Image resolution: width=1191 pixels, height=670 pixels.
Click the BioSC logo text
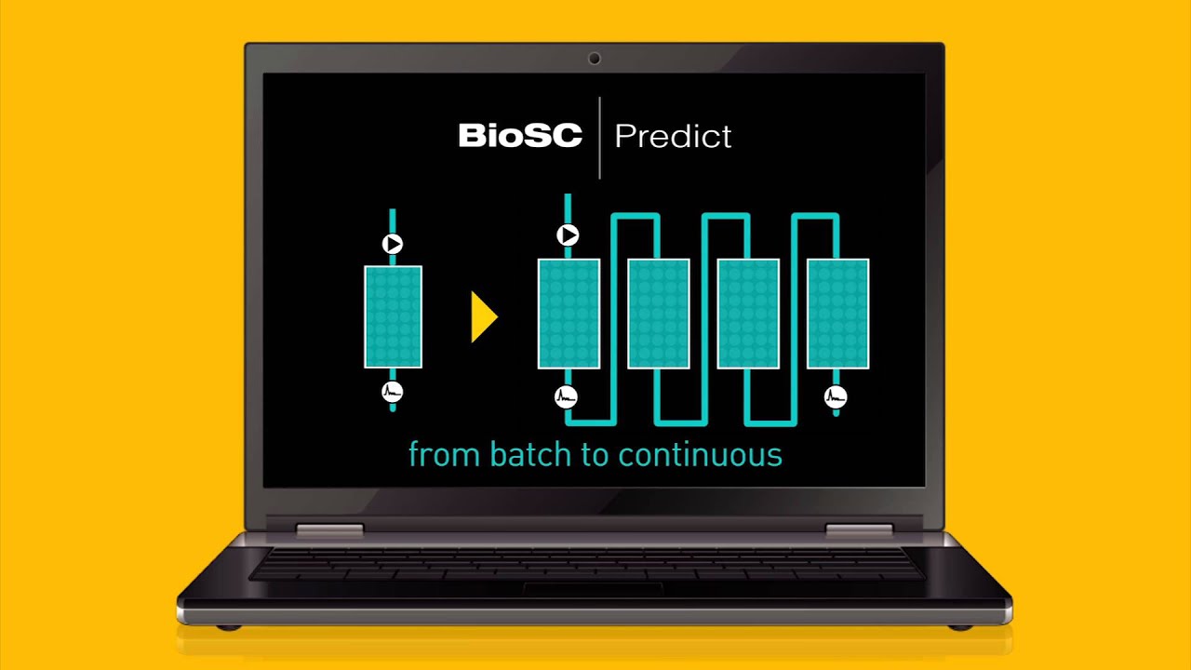point(520,136)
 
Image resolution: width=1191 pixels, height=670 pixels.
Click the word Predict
point(673,137)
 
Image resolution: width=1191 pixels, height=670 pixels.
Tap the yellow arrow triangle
point(484,317)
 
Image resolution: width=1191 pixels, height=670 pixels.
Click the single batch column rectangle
point(393,316)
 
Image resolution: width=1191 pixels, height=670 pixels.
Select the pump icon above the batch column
point(393,244)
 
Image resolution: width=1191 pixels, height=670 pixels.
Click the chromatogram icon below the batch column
point(393,392)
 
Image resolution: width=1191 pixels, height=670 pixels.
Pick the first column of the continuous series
point(569,315)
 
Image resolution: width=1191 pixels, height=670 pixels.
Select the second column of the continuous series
point(658,315)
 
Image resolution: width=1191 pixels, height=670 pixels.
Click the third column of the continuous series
point(747,315)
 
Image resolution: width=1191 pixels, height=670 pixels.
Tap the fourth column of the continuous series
point(837,315)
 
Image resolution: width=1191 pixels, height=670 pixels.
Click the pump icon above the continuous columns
point(568,235)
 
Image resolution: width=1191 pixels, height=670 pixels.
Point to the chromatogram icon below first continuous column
point(566,397)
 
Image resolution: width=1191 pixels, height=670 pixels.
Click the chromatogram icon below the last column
point(836,397)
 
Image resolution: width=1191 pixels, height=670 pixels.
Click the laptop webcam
point(595,59)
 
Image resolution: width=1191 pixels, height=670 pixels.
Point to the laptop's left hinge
point(329,530)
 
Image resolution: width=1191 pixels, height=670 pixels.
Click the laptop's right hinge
point(859,530)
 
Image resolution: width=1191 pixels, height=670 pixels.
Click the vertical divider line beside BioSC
point(599,137)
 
